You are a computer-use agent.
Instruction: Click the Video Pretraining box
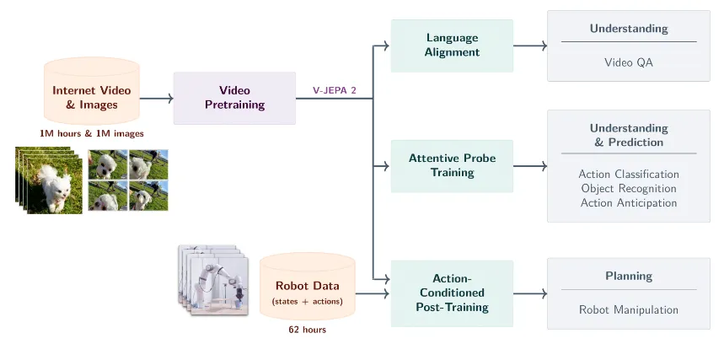click(234, 98)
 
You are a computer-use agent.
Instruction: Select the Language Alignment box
click(452, 46)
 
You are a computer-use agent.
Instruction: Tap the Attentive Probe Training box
click(452, 165)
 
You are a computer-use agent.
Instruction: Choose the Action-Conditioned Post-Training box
click(452, 293)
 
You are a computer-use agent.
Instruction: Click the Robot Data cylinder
click(307, 287)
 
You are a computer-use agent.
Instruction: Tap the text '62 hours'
click(307, 330)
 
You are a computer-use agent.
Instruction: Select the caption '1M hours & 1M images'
click(91, 133)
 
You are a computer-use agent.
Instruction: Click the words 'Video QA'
click(628, 62)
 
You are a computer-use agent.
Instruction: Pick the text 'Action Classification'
click(628, 175)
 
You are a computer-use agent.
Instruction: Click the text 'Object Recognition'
click(628, 189)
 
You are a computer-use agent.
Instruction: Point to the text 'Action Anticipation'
click(628, 203)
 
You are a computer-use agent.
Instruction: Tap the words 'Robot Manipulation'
click(628, 310)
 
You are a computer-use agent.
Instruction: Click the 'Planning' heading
click(628, 277)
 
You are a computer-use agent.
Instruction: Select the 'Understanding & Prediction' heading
click(628, 135)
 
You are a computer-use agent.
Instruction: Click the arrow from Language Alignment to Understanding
click(530, 46)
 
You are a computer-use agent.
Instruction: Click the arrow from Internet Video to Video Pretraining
click(156, 99)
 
